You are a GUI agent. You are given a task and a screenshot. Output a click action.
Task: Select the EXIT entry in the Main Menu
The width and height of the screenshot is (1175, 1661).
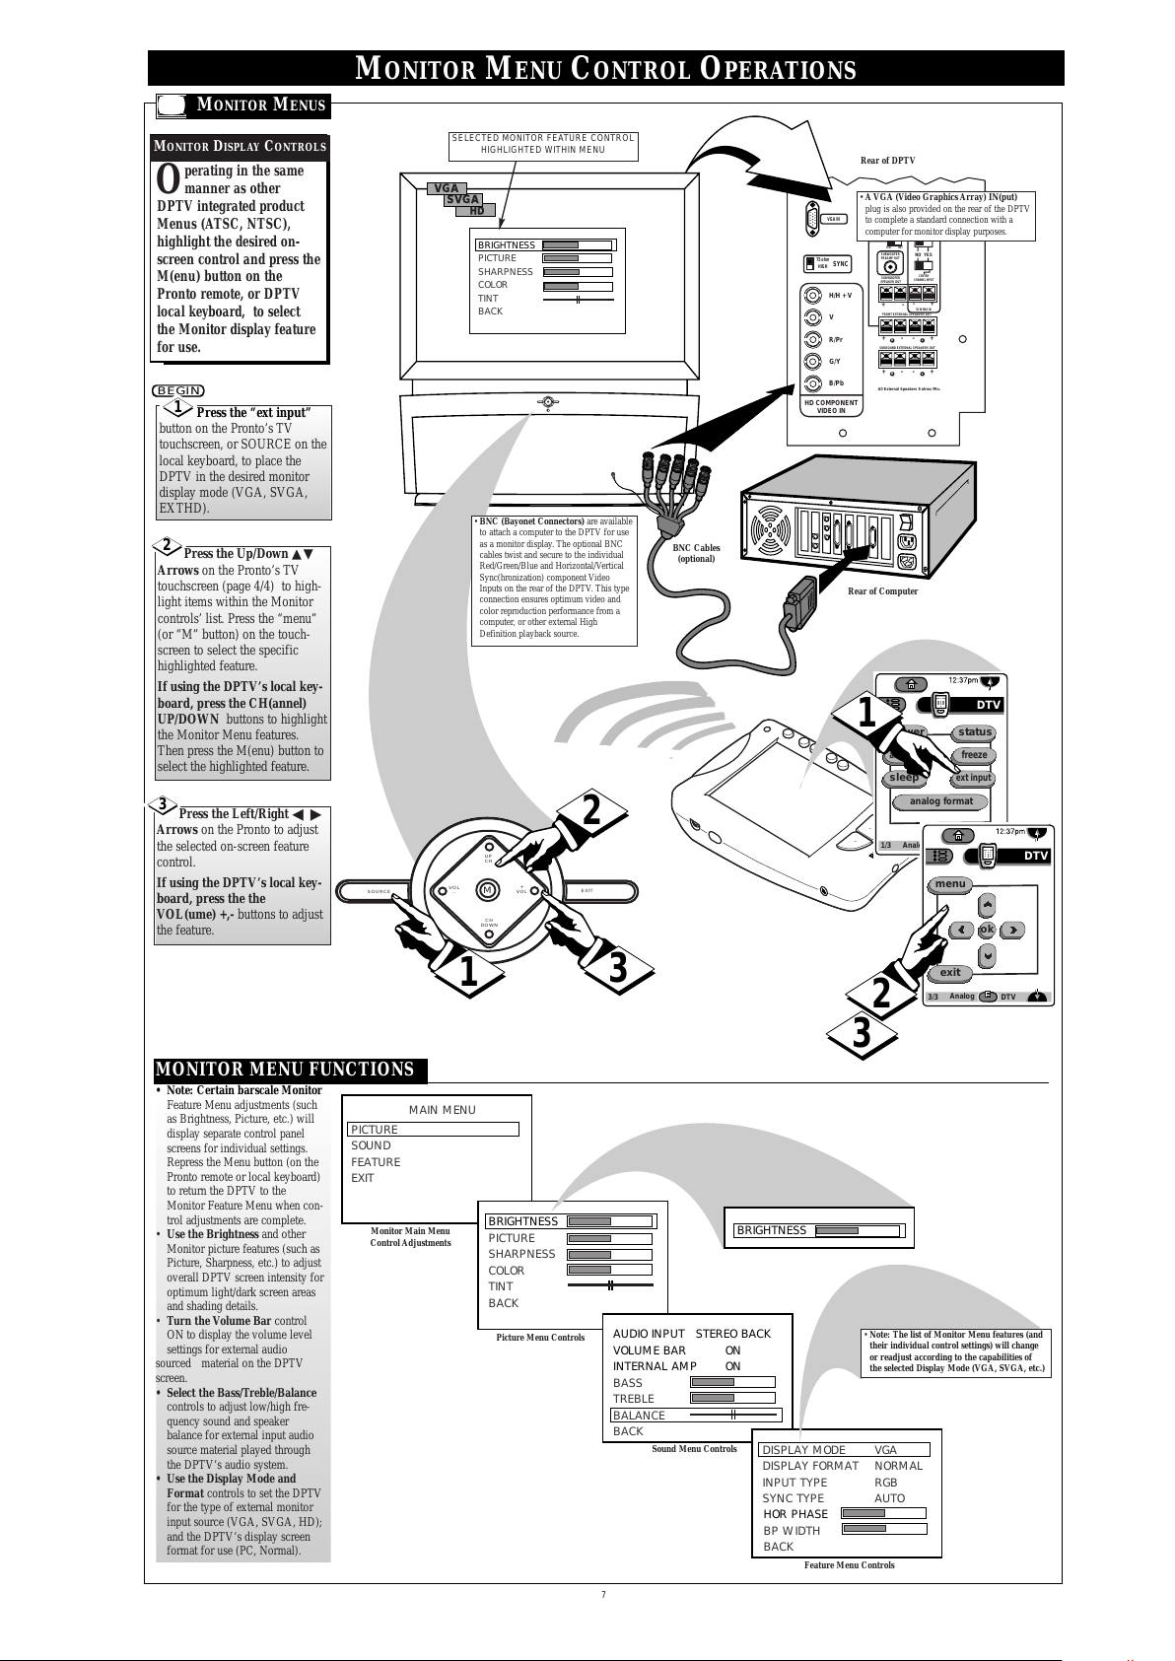(x=363, y=1178)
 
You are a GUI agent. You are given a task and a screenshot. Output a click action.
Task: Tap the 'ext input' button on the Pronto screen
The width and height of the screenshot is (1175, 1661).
(x=973, y=778)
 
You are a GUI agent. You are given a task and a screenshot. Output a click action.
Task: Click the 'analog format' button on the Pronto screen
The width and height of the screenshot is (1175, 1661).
(x=940, y=801)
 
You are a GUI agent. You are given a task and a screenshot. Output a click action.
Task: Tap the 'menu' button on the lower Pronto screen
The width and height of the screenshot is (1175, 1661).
(x=950, y=884)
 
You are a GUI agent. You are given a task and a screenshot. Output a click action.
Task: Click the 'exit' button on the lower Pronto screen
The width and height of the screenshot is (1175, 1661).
(x=950, y=973)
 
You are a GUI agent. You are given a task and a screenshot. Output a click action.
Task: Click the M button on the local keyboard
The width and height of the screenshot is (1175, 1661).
(x=486, y=891)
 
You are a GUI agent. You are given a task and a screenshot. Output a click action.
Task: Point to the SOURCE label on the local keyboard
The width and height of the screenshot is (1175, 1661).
(x=380, y=892)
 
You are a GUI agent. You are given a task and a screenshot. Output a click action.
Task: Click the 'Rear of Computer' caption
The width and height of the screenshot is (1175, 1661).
(x=882, y=591)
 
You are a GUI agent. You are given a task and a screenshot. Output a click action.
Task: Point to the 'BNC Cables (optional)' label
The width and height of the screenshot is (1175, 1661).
(x=696, y=553)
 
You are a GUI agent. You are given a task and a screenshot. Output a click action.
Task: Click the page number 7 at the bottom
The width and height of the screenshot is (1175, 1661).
(x=603, y=1595)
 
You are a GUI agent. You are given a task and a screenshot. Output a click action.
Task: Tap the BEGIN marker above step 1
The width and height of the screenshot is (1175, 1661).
(x=178, y=391)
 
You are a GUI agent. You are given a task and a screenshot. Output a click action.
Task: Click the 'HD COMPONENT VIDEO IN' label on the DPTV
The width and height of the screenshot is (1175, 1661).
(x=830, y=406)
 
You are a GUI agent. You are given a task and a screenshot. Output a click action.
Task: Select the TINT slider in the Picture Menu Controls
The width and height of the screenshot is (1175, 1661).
(x=610, y=1285)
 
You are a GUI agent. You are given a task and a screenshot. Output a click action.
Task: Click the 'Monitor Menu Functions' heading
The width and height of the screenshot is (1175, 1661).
(x=285, y=1071)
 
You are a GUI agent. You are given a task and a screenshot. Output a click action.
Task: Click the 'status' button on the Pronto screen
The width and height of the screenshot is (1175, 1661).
(x=974, y=732)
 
